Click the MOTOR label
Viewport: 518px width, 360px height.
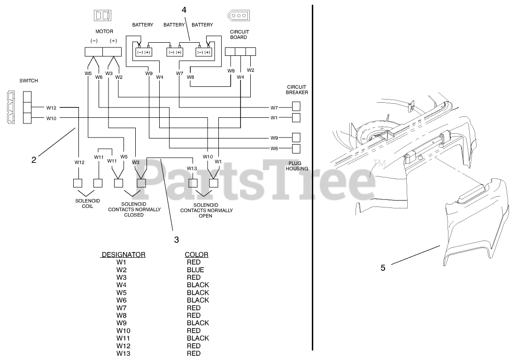point(104,31)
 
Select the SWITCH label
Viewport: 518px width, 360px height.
point(29,81)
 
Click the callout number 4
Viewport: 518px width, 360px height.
point(184,9)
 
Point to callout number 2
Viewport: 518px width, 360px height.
point(33,160)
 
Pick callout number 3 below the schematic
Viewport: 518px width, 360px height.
point(177,240)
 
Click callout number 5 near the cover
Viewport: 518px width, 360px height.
point(383,268)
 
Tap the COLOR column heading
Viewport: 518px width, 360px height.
point(196,254)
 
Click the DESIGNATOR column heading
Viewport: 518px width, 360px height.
point(123,254)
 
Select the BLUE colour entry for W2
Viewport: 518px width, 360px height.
point(195,270)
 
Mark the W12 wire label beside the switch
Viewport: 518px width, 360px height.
point(51,107)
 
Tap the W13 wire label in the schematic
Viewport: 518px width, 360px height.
point(192,168)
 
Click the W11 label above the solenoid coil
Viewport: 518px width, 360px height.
point(99,157)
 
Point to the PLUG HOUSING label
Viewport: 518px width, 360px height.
point(298,165)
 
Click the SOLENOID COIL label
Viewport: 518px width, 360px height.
point(84,203)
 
